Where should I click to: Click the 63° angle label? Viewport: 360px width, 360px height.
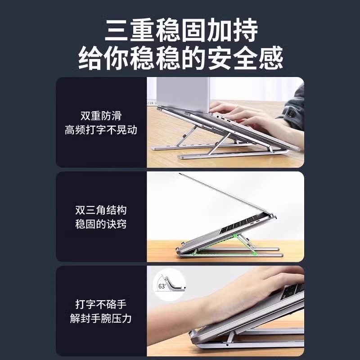point(162,285)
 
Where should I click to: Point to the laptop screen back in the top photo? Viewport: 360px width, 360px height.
point(180,92)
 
